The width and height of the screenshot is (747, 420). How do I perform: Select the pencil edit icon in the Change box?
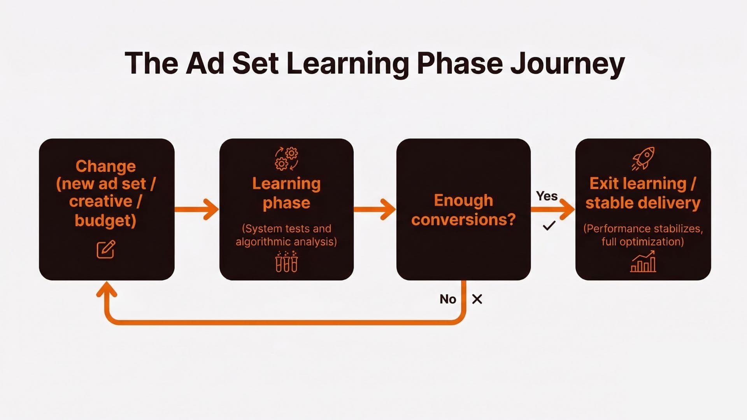[106, 250]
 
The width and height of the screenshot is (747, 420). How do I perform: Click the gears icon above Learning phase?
[287, 158]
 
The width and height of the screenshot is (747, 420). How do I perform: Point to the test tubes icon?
[287, 262]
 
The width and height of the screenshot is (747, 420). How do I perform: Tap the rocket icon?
[643, 158]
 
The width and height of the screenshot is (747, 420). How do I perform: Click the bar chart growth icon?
[643, 261]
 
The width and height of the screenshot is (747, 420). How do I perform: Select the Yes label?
[547, 196]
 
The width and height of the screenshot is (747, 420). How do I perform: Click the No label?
[448, 299]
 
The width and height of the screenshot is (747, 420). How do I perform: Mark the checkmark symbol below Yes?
[549, 226]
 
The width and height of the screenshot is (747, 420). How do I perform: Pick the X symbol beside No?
[477, 299]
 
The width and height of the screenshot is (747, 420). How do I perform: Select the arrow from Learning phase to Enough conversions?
[375, 210]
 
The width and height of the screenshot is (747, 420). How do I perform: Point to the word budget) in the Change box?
[105, 220]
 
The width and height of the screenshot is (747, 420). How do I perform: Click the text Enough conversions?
[463, 210]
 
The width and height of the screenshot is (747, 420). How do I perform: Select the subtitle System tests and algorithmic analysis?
[286, 235]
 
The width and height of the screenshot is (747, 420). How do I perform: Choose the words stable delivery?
[643, 203]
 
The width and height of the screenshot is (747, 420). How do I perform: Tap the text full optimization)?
[643, 242]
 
